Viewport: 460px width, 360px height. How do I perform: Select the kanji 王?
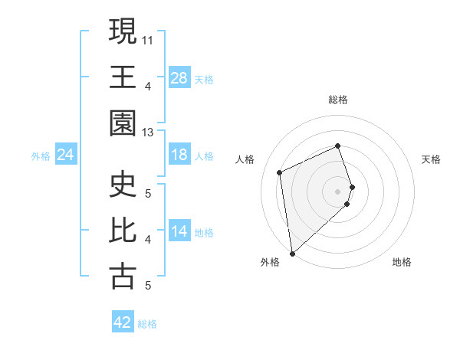[x=123, y=77]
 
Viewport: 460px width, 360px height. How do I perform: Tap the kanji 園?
[x=123, y=123]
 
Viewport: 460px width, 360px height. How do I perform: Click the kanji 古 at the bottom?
[x=123, y=276]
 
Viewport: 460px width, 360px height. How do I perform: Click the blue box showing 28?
[x=179, y=77]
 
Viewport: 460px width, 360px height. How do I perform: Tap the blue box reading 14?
[x=179, y=232]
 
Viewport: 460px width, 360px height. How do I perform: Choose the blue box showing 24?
[x=65, y=155]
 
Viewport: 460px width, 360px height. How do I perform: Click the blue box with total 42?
[x=123, y=322]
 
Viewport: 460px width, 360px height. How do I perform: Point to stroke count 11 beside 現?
[x=147, y=39]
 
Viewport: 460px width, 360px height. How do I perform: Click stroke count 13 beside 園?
[x=147, y=133]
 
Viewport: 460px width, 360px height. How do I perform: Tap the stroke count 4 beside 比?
[x=147, y=240]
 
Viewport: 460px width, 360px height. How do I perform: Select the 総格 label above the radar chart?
[x=337, y=100]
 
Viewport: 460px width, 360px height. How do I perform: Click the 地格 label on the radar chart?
[x=402, y=263]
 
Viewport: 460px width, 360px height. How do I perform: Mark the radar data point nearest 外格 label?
[x=292, y=253]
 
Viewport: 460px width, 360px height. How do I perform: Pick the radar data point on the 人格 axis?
[x=280, y=172]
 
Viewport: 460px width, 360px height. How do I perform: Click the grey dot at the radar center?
[x=337, y=191]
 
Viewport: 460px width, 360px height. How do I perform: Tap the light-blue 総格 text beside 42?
[x=147, y=324]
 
